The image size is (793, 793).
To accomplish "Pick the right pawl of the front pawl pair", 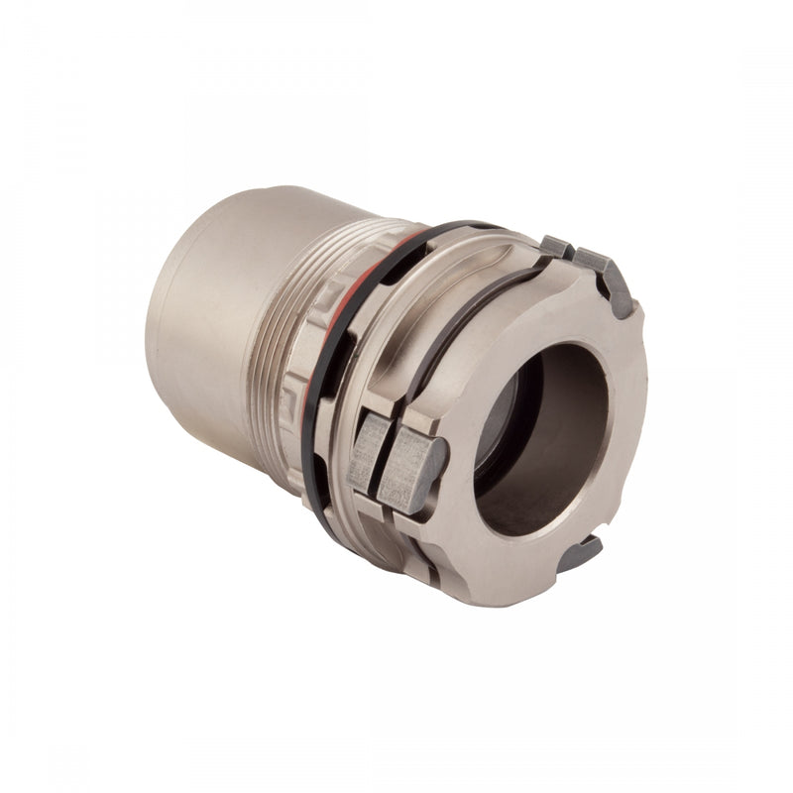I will (x=411, y=466).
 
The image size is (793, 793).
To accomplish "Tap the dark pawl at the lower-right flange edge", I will (x=582, y=553).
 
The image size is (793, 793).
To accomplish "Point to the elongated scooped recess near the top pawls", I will (x=486, y=253).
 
